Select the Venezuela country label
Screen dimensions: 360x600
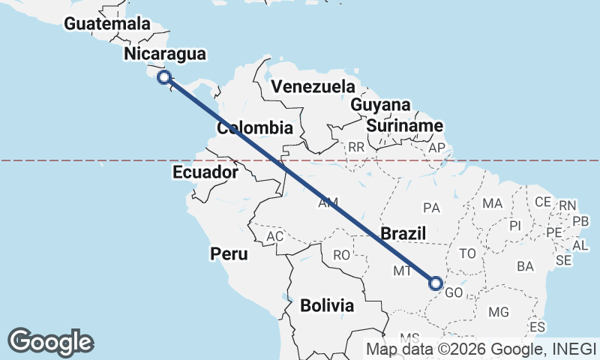(x=313, y=85)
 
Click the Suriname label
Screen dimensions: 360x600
(x=404, y=126)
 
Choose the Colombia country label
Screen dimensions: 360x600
(x=255, y=128)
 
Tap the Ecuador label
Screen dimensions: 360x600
(x=205, y=172)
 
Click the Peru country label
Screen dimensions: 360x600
(x=229, y=254)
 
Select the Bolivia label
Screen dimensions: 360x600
(x=327, y=305)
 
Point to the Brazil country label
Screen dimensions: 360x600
(x=403, y=233)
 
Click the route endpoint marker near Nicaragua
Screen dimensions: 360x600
(x=164, y=76)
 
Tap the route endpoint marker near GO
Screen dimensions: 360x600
(x=436, y=283)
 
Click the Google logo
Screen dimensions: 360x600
(x=50, y=341)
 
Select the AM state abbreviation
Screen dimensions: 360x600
(x=328, y=203)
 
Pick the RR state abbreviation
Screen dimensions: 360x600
(x=355, y=147)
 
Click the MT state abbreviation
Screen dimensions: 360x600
(x=403, y=271)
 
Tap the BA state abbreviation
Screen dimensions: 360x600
(x=525, y=266)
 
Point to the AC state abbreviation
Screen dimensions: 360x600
(x=275, y=237)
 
